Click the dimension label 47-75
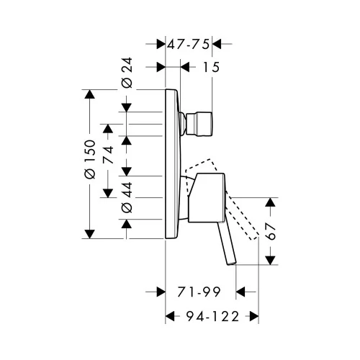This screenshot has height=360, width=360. pyautogui.click(x=188, y=44)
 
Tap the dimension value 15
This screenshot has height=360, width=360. pyautogui.click(x=211, y=67)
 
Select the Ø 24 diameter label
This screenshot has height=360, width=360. pyautogui.click(x=127, y=73)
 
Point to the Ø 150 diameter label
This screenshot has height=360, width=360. pyautogui.click(x=90, y=159)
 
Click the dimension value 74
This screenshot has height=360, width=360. pyautogui.click(x=108, y=154)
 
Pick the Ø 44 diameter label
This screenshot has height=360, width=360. pyautogui.click(x=127, y=197)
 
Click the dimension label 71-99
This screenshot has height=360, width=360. pyautogui.click(x=199, y=292)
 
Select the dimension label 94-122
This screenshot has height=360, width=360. pyautogui.click(x=212, y=316)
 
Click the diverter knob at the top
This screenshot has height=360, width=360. pyautogui.click(x=199, y=124)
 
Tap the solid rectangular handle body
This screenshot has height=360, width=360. pyautogui.click(x=207, y=197)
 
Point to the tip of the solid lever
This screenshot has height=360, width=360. pyautogui.click(x=232, y=264)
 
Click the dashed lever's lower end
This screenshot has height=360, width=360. pyautogui.click(x=254, y=237)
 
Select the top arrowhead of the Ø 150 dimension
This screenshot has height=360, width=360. pyautogui.click(x=90, y=94)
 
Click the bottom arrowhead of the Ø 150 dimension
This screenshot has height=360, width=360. pyautogui.click(x=90, y=234)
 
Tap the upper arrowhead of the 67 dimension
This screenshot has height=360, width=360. pyautogui.click(x=271, y=202)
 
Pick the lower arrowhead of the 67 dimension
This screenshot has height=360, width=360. pyautogui.click(x=271, y=261)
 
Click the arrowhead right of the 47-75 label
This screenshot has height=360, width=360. pyautogui.click(x=216, y=44)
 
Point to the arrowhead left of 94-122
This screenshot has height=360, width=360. pyautogui.click(x=170, y=316)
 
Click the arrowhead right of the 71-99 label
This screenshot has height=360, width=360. pyautogui.click(x=240, y=292)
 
